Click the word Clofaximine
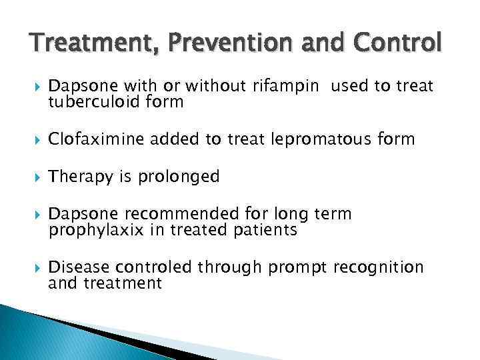pyautogui.click(x=95, y=139)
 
